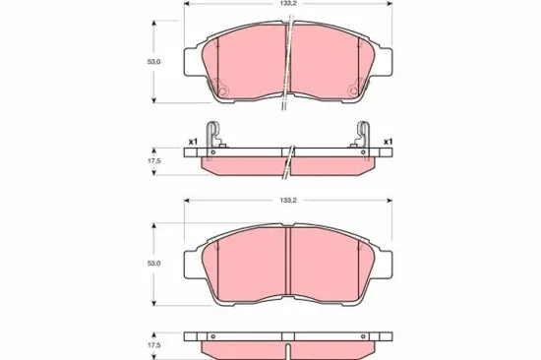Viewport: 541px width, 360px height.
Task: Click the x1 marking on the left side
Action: point(193,142)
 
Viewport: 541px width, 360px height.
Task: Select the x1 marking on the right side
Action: point(389,142)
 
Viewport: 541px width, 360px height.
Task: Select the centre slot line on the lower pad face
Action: point(286,261)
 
